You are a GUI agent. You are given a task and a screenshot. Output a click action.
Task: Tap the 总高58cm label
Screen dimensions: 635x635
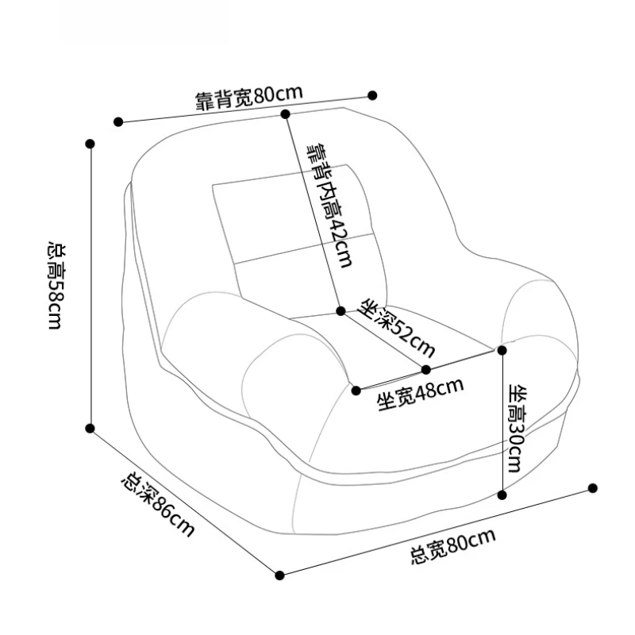click(x=56, y=286)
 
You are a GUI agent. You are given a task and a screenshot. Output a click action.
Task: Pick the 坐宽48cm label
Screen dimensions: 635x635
click(x=420, y=394)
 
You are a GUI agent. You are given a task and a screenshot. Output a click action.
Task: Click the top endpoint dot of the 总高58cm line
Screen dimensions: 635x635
click(x=90, y=144)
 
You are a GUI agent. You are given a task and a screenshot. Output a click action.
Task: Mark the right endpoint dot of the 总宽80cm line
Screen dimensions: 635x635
click(x=593, y=487)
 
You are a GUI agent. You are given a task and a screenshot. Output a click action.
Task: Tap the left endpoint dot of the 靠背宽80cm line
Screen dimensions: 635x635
click(x=118, y=122)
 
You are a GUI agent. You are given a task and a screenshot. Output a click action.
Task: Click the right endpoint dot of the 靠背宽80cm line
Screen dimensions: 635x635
click(x=372, y=95)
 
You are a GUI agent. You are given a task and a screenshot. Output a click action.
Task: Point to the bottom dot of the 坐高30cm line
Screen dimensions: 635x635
click(x=502, y=495)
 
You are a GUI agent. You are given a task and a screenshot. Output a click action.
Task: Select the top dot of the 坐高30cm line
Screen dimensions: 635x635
click(x=502, y=348)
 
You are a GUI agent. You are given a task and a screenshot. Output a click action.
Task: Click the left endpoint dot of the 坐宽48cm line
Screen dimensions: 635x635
click(x=356, y=390)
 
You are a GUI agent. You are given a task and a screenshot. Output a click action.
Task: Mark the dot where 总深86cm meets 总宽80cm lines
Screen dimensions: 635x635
click(x=279, y=574)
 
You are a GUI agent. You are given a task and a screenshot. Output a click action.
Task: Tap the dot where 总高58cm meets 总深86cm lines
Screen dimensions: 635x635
click(x=90, y=429)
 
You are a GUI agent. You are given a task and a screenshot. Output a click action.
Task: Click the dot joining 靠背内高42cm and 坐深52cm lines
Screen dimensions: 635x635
click(x=341, y=310)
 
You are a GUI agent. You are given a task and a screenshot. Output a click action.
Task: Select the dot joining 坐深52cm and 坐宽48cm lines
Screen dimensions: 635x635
click(x=426, y=369)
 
